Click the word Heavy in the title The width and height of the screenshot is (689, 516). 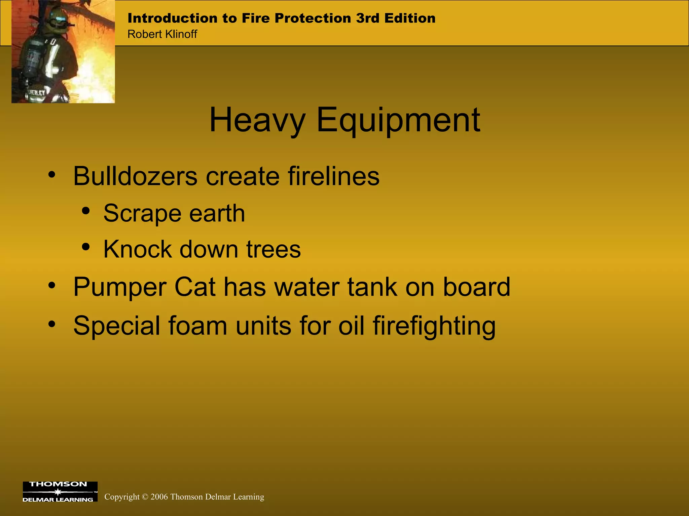257,120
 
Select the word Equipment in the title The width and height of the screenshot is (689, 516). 398,120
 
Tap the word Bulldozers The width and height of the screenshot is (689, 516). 135,176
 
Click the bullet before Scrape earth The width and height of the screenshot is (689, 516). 86,211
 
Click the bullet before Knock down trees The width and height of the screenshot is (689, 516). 86,247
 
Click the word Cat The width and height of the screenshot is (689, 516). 195,287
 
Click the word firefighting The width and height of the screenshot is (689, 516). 434,326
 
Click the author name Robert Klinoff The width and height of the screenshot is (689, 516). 162,34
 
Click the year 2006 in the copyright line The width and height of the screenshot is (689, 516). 159,497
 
